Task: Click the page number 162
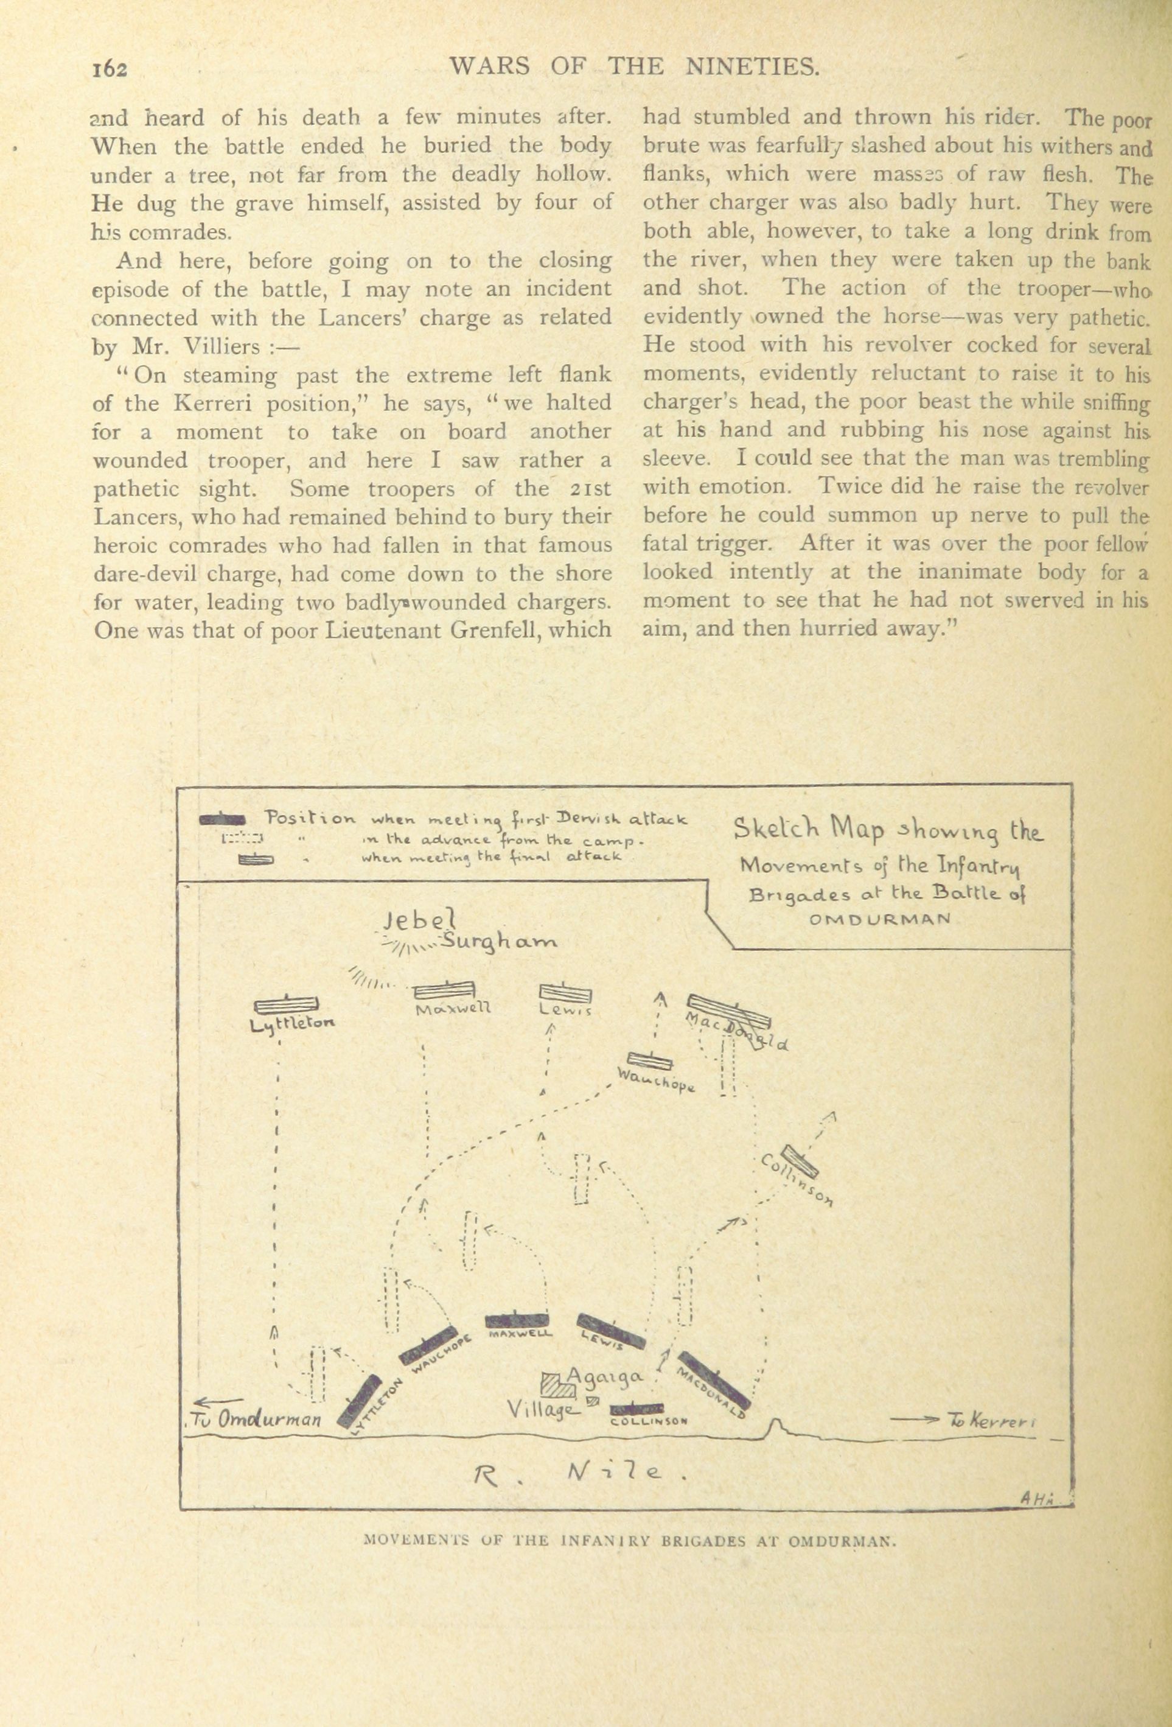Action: (111, 68)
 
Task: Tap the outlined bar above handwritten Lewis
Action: (565, 992)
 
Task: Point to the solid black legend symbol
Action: (222, 819)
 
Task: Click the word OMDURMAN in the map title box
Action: (881, 918)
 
